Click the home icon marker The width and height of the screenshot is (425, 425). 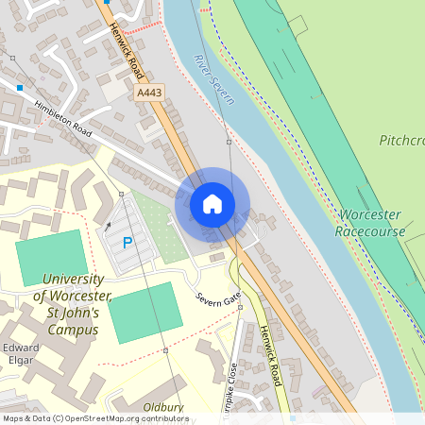coord(212,204)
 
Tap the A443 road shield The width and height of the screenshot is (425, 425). coord(149,93)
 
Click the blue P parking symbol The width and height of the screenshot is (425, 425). coord(127,243)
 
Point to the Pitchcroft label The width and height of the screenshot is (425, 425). coord(402,141)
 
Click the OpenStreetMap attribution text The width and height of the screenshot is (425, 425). coord(95,418)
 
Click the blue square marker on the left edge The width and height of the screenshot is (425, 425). coord(19,88)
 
